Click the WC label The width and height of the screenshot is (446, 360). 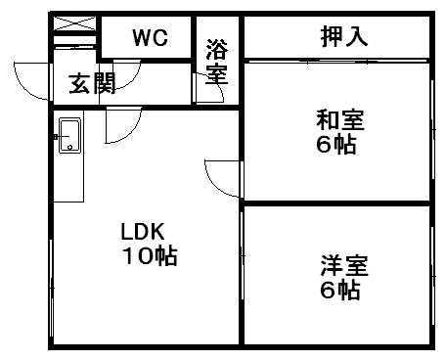tap(151, 38)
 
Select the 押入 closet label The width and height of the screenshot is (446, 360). tap(343, 37)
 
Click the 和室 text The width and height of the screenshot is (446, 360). tap(339, 122)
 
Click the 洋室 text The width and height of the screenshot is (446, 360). tap(341, 266)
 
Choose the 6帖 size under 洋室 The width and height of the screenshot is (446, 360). tap(340, 291)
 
